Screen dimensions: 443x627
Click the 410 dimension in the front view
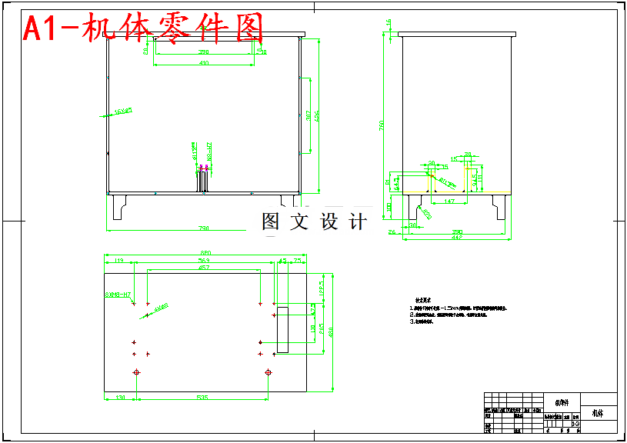204,63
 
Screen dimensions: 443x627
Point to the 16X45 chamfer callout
122,112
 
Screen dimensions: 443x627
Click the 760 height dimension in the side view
382,127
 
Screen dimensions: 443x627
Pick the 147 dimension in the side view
450,201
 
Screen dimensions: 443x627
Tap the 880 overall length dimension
205,253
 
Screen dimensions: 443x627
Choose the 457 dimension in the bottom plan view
204,268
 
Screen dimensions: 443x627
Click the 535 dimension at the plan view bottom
202,398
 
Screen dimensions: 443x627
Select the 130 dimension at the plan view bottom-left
120,398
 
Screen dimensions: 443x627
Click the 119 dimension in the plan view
118,261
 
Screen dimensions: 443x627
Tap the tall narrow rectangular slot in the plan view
282,329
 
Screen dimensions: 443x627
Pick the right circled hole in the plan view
268,373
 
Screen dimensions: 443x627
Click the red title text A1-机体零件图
143,29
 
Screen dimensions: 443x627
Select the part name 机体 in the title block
599,413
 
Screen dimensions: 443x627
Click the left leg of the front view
118,206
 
